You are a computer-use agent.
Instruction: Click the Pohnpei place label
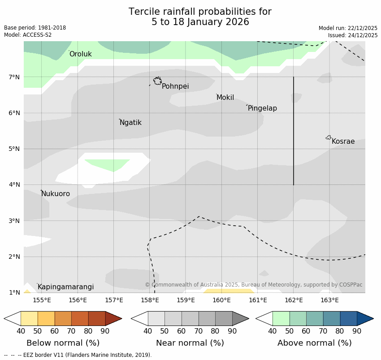175,86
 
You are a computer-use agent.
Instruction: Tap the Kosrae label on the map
343,141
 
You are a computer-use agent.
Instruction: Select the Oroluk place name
81,54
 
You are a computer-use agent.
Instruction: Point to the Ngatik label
130,123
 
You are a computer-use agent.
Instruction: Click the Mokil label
225,98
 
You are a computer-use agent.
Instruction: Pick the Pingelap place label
262,108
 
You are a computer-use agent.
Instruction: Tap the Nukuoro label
56,194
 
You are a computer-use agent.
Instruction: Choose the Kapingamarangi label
66,287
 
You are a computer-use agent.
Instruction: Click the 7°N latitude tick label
14,77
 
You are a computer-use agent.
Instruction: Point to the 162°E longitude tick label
294,300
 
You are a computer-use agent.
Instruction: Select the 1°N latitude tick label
14,292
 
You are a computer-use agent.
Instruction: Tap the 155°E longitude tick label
42,300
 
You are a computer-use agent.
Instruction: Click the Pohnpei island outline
157,81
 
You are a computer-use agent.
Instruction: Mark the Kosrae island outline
329,137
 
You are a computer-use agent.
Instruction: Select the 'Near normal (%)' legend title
190,343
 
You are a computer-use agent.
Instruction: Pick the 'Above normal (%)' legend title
314,343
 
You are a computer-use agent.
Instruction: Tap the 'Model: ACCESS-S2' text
28,35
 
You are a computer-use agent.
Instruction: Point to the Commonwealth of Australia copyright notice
254,285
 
